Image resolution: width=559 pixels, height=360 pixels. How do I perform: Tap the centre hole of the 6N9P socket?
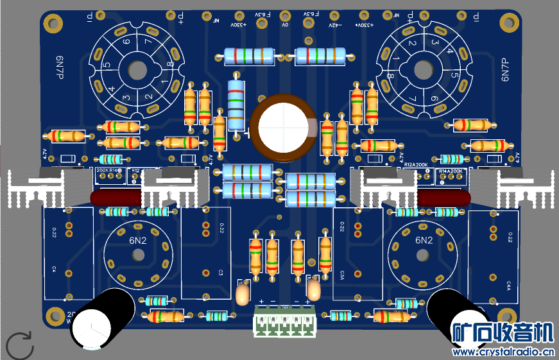(x=135, y=68)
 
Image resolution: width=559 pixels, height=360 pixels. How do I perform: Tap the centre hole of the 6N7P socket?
(x=424, y=68)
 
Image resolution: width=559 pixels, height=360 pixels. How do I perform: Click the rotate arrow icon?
(x=20, y=345)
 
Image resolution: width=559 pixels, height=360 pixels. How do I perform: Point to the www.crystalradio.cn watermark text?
(x=503, y=352)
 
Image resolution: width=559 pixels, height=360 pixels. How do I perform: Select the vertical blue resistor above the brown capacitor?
(x=236, y=100)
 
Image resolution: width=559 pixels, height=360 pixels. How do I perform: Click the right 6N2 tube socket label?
(x=424, y=241)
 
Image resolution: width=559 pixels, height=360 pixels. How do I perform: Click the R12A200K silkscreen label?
(x=420, y=164)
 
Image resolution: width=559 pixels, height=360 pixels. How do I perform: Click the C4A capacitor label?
(x=509, y=283)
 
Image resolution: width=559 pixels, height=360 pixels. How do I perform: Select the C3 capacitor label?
(x=220, y=272)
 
